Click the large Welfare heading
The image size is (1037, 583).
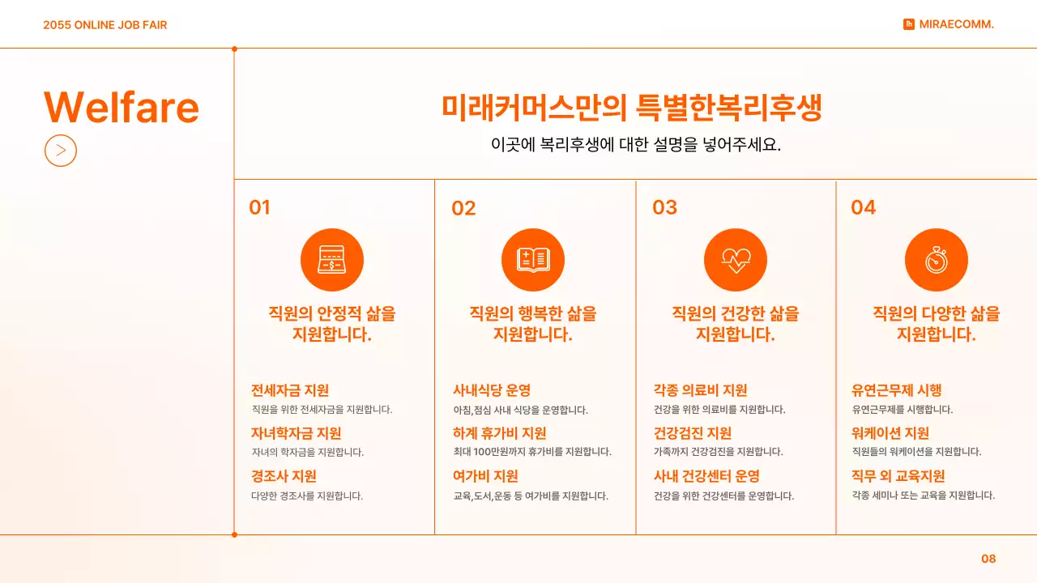pyautogui.click(x=121, y=107)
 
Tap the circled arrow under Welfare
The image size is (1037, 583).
pyautogui.click(x=61, y=150)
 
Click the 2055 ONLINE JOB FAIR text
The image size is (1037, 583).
pyautogui.click(x=105, y=25)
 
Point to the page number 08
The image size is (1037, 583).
pyautogui.click(x=988, y=559)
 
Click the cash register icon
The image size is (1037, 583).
pyautogui.click(x=332, y=259)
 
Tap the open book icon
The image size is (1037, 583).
pyautogui.click(x=533, y=259)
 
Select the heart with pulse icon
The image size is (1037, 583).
pyautogui.click(x=735, y=259)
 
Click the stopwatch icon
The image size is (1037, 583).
pyautogui.click(x=936, y=259)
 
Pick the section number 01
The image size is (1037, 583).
pyautogui.click(x=259, y=207)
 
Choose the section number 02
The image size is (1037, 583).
pyautogui.click(x=463, y=208)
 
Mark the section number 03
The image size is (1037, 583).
pyautogui.click(x=664, y=207)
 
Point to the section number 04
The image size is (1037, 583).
pyautogui.click(x=863, y=207)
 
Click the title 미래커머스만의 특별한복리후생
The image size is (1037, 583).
pyautogui.click(x=632, y=108)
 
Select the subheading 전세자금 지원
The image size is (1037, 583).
pyautogui.click(x=290, y=390)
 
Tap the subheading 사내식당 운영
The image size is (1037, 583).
pyautogui.click(x=492, y=390)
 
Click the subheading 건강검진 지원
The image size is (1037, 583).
pyautogui.click(x=693, y=433)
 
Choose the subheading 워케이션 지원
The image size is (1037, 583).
pyautogui.click(x=890, y=433)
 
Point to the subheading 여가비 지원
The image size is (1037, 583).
pyautogui.click(x=485, y=476)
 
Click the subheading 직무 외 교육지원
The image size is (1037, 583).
pyautogui.click(x=898, y=476)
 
